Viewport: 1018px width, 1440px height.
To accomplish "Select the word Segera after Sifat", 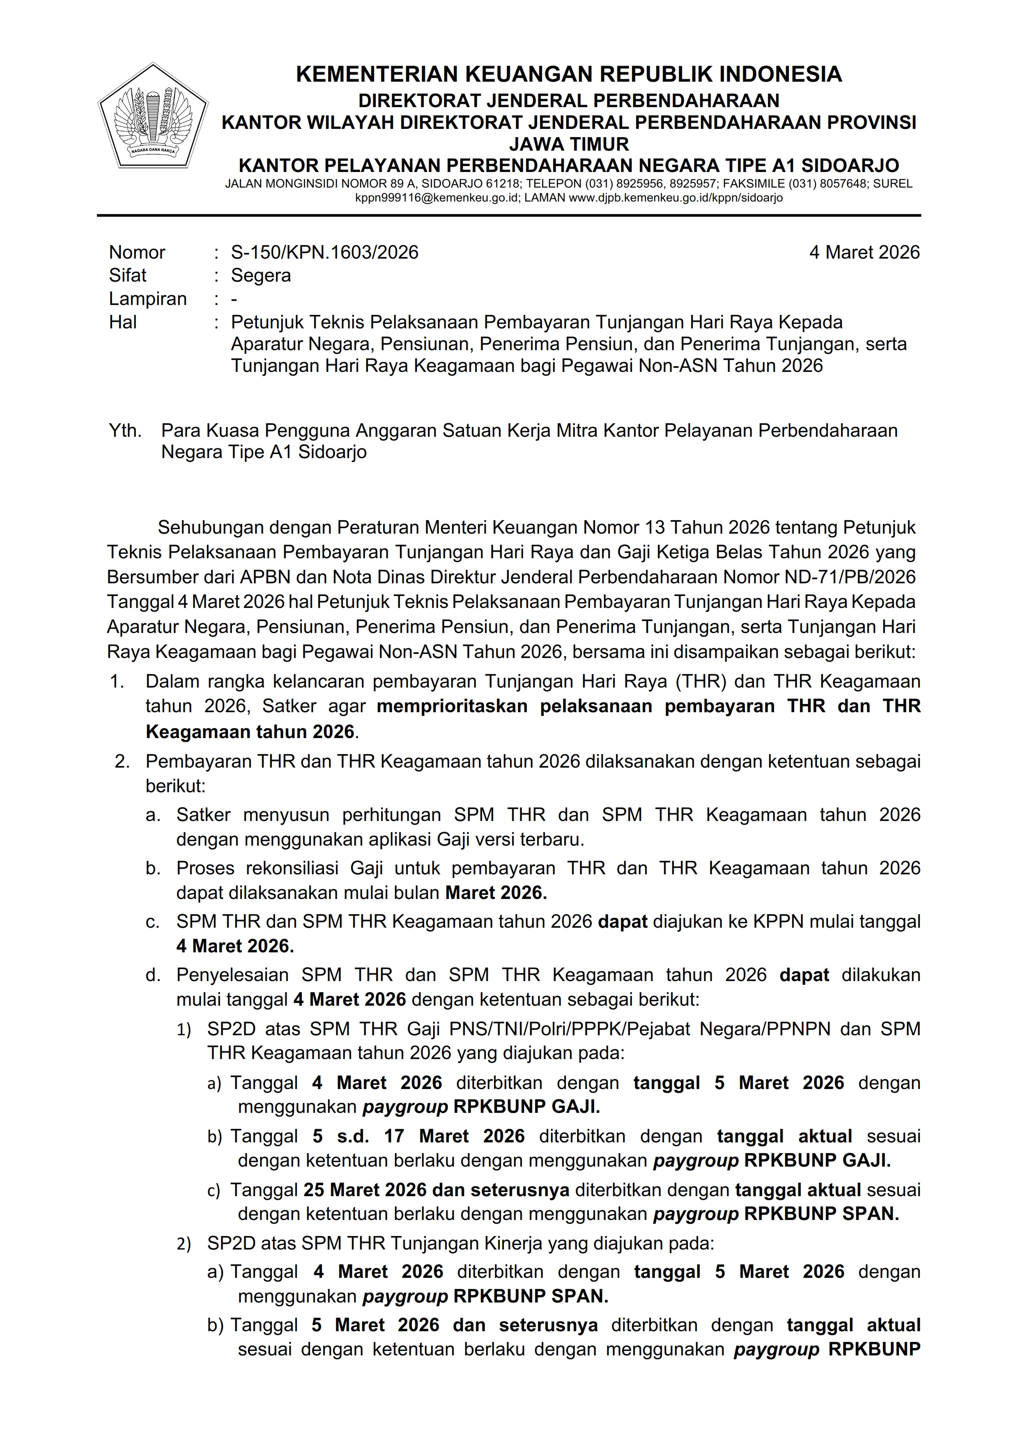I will tap(260, 275).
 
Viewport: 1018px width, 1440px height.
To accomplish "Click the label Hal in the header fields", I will tap(122, 322).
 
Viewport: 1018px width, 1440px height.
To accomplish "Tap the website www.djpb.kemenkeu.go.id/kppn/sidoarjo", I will tap(675, 198).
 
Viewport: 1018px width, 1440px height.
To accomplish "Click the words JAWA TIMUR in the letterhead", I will tap(568, 144).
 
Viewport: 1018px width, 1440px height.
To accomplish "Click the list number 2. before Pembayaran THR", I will tap(122, 761).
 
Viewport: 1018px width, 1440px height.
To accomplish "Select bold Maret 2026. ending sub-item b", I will tap(496, 893).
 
